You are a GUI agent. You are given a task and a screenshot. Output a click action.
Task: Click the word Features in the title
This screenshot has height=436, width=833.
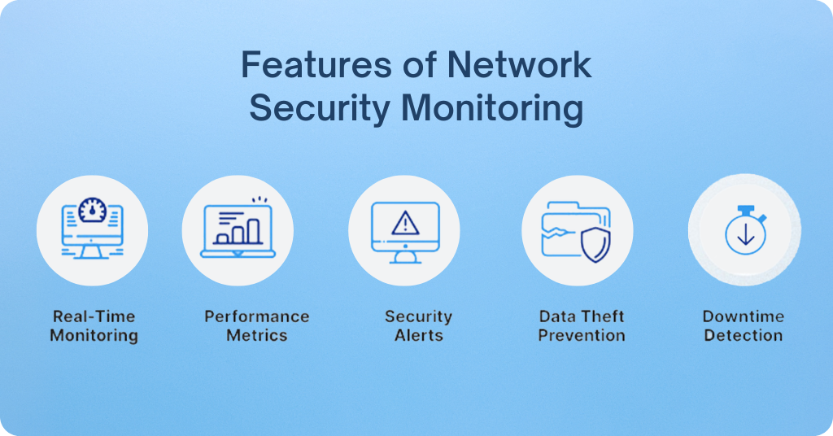[317, 65]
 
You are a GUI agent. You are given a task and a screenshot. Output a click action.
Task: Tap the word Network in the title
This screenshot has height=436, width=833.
[519, 65]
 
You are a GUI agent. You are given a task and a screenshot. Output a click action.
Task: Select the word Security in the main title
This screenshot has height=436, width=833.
[320, 109]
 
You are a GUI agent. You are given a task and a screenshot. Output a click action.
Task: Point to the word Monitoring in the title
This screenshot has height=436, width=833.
[492, 109]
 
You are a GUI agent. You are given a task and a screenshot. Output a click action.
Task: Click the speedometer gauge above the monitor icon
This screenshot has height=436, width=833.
[93, 211]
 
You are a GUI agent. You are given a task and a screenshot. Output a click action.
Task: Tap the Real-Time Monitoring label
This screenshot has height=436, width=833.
[94, 325]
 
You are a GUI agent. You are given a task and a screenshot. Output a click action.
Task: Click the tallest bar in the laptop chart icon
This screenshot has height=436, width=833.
[254, 231]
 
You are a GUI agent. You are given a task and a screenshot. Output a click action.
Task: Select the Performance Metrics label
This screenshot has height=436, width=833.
[257, 325]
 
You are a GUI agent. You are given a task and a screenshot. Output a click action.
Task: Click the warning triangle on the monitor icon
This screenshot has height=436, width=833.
[405, 224]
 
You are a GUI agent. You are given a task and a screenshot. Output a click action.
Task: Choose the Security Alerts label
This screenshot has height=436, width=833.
[419, 325]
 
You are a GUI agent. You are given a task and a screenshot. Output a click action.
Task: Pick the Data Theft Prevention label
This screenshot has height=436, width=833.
[582, 325]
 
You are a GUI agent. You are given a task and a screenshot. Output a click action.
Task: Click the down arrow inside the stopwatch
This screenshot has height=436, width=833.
[746, 233]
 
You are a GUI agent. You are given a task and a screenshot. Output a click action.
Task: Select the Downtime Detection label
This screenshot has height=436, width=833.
[744, 325]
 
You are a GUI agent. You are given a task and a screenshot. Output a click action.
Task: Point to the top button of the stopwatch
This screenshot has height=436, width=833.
[746, 209]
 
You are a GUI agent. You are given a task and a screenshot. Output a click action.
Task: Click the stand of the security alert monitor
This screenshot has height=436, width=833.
[405, 258]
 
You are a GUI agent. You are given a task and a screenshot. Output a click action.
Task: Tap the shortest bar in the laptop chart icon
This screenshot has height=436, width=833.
[223, 239]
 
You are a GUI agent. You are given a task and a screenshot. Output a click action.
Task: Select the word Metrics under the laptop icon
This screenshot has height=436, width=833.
[257, 336]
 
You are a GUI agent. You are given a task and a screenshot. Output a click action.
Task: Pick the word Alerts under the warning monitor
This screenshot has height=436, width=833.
[419, 336]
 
